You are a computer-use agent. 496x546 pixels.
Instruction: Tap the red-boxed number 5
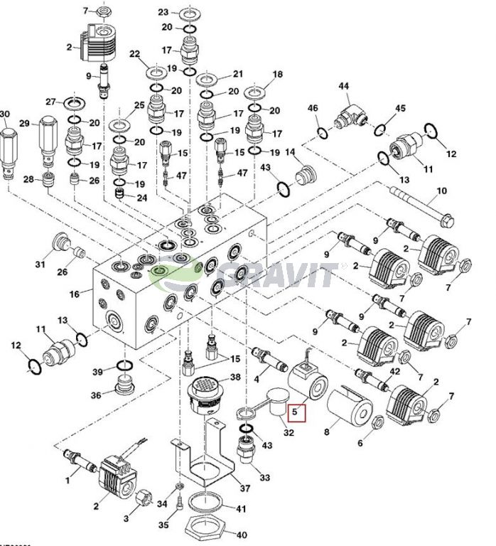(296, 412)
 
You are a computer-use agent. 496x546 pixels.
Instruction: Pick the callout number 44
(344, 86)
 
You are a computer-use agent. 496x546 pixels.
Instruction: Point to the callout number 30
(5, 114)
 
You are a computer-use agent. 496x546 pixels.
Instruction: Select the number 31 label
(41, 264)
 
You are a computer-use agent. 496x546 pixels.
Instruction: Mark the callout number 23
(163, 13)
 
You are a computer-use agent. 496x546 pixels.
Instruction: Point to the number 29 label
(23, 124)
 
